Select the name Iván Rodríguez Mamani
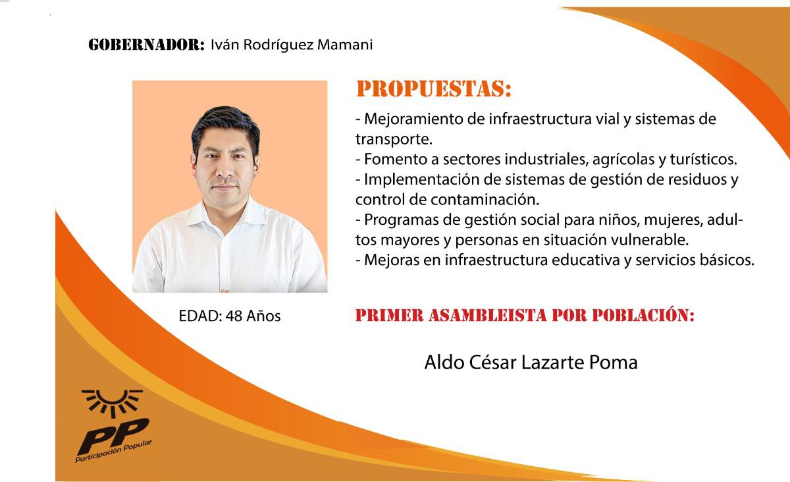click(x=292, y=45)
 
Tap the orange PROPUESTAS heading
click(x=433, y=89)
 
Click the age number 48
click(x=234, y=316)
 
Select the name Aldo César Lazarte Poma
click(x=531, y=362)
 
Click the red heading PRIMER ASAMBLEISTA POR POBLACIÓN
click(x=525, y=315)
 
